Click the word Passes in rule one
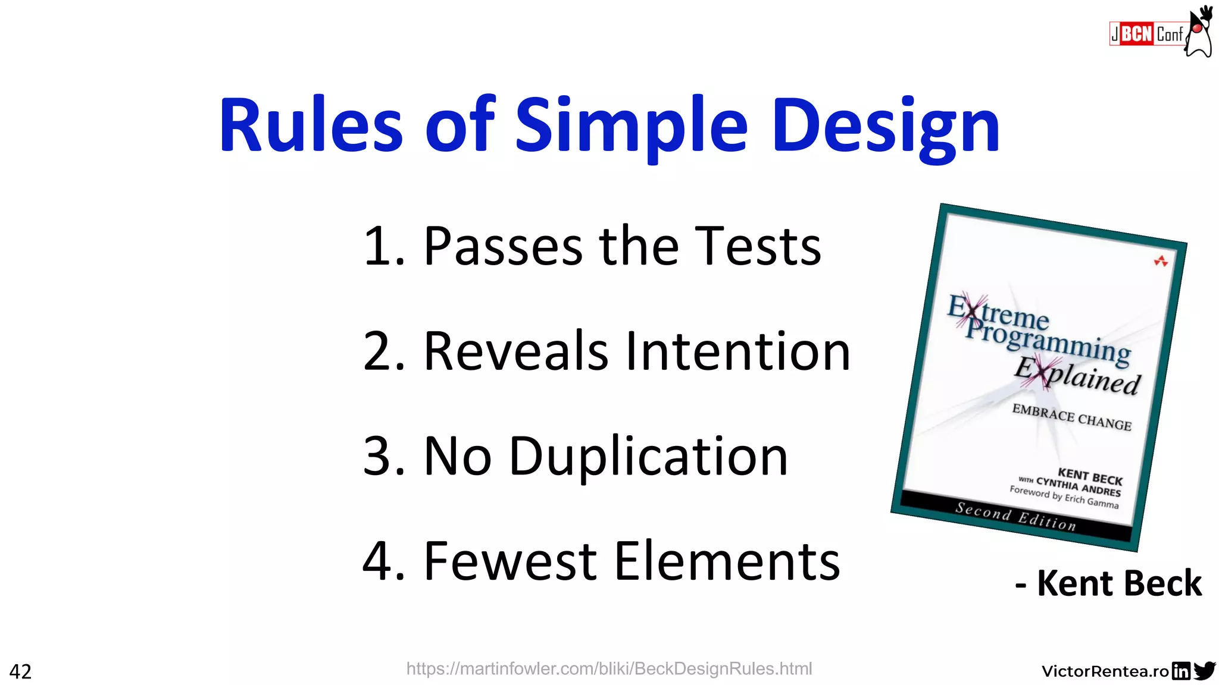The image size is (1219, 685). tap(503, 246)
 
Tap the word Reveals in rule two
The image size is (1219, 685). tap(515, 351)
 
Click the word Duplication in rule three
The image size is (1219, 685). tap(649, 457)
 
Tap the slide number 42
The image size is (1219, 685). tap(20, 671)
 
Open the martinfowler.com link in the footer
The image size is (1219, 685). tap(609, 669)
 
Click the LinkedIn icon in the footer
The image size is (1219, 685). tap(1181, 671)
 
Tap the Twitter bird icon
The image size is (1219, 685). tap(1205, 670)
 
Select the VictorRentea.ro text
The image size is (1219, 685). tap(1105, 671)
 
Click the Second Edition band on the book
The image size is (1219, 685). tap(1015, 516)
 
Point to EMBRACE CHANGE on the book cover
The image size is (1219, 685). tap(1071, 417)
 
